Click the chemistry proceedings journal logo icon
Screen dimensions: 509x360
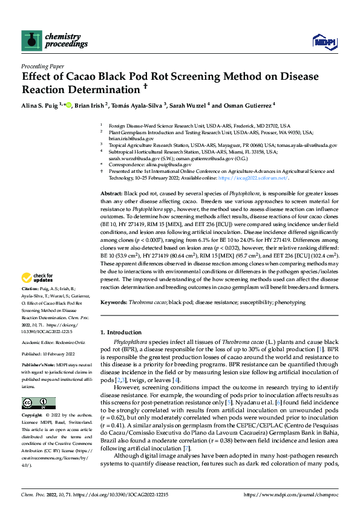click(31, 41)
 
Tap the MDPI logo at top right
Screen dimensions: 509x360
click(324, 41)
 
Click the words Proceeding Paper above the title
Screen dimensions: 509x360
click(42, 66)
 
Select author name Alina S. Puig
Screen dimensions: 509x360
click(44, 105)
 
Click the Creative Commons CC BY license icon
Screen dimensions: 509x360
click(38, 403)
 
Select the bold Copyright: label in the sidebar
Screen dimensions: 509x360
click(32, 416)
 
